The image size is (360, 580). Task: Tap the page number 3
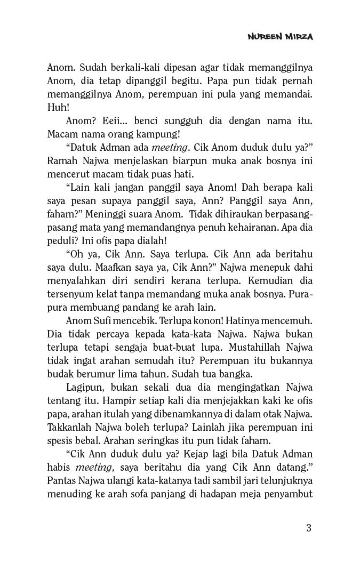(x=309, y=528)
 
